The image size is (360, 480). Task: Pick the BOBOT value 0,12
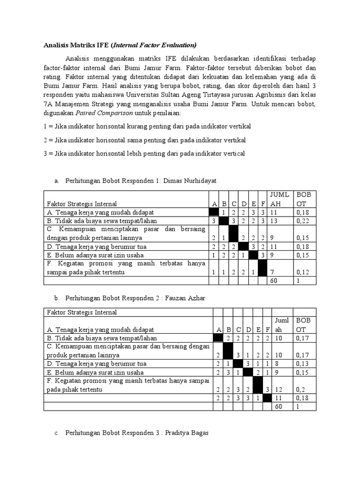point(301,272)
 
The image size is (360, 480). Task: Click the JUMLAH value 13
point(273,221)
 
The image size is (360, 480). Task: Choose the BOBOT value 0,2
point(299,389)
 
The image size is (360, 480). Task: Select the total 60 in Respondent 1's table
point(273,280)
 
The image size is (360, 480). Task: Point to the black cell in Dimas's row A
point(214,212)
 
